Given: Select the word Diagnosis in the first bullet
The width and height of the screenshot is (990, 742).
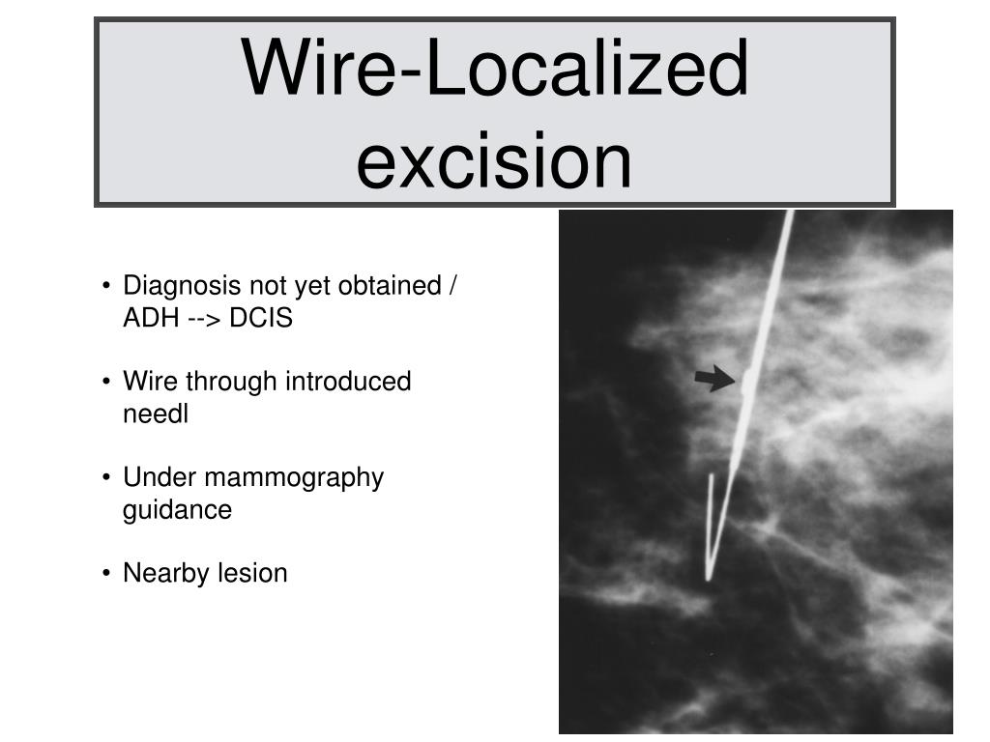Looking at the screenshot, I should (x=183, y=286).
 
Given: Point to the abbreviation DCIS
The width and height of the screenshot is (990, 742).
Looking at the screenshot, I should (x=261, y=319).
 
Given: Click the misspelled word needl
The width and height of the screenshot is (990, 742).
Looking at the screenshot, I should (x=155, y=414).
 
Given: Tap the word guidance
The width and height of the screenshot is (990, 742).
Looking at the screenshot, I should (x=177, y=509).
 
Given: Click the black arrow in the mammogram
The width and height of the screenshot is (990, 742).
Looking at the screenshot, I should (x=714, y=380).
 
